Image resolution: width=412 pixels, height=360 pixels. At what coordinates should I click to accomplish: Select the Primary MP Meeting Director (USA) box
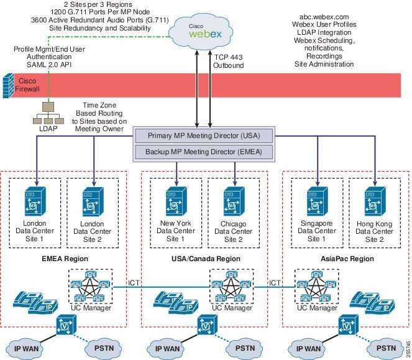(x=204, y=136)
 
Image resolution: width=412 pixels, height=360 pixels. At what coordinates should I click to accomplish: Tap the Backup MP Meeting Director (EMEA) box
(x=204, y=152)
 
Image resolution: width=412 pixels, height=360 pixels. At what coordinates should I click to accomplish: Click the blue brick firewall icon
(x=8, y=86)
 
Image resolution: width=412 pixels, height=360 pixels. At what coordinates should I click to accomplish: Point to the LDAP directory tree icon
(x=48, y=113)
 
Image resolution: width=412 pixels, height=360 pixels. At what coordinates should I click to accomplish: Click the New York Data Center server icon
(x=176, y=201)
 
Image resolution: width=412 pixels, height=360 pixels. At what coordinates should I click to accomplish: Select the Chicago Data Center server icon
(x=234, y=201)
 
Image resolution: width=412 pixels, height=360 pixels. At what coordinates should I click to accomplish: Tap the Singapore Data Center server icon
(x=318, y=201)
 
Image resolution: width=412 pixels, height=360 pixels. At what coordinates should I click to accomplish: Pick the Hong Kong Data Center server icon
(x=375, y=201)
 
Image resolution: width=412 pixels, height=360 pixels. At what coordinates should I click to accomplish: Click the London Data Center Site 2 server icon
(x=93, y=201)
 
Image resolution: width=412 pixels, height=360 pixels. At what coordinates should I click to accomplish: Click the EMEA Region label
(x=65, y=259)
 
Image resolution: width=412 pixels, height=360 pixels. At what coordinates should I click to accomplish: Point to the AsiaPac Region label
(x=347, y=259)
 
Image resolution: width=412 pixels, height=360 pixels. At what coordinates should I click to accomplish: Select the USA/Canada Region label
(x=206, y=259)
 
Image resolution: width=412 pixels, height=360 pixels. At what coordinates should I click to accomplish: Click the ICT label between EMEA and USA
(x=134, y=283)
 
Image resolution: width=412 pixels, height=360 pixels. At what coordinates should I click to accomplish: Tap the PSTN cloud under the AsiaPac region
(x=386, y=348)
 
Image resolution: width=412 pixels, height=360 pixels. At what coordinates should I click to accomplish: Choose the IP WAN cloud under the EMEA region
(x=26, y=349)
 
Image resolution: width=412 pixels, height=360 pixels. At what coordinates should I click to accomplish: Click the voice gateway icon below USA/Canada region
(x=208, y=325)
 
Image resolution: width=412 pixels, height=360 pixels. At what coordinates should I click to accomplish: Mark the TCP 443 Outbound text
(x=228, y=62)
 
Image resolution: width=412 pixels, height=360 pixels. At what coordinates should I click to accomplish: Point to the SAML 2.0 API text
(x=49, y=65)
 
